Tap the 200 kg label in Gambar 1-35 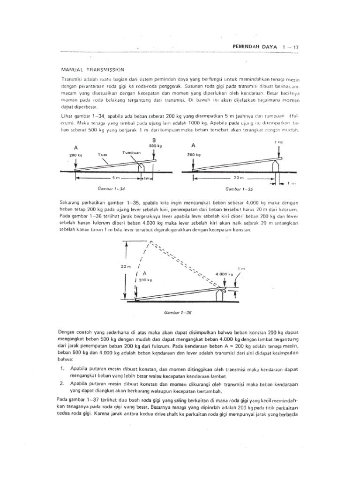(x=194, y=154)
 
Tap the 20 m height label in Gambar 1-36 (x=125, y=266)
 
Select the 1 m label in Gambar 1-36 (x=242, y=269)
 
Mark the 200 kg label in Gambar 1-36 (x=146, y=280)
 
